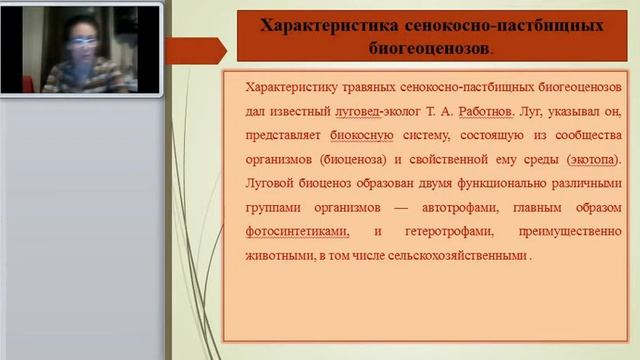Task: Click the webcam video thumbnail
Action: tap(83, 49)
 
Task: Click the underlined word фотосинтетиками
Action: tap(296, 231)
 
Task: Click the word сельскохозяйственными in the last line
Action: tap(463, 255)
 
